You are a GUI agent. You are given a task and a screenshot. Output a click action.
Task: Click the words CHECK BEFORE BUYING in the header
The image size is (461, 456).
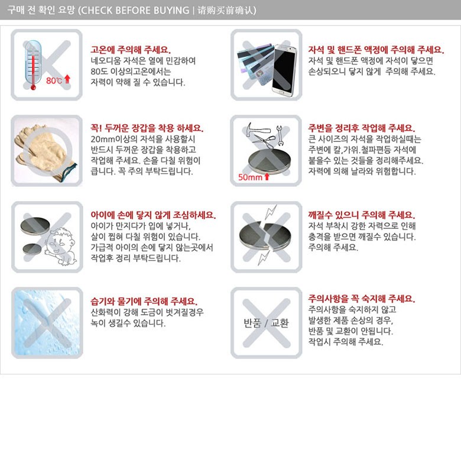pos(135,10)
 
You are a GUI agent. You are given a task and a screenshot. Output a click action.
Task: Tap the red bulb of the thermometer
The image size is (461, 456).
pos(33,87)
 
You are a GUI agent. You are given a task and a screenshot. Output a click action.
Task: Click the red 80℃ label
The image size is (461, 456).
pos(54,80)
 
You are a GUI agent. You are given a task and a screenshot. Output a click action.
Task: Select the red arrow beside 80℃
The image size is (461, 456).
pos(67,79)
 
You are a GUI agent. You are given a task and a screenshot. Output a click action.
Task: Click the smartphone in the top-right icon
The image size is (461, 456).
pos(284,70)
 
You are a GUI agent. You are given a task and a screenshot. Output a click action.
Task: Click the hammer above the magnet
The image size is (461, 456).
pos(257,130)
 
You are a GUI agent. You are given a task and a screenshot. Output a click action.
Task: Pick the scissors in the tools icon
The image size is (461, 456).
pos(263,142)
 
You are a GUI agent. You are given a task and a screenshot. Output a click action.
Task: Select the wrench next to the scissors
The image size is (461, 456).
pos(280,135)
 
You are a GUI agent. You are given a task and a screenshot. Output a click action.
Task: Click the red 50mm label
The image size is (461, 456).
pos(250,177)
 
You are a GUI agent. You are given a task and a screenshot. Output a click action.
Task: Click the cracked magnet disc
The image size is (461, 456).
pos(265,236)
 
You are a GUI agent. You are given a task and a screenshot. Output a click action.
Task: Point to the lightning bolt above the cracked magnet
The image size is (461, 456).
pos(271,212)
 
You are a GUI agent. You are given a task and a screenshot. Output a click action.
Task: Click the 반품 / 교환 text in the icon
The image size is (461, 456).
pos(266,323)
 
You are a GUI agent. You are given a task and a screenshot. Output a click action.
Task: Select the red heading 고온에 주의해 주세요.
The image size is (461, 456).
pos(131,50)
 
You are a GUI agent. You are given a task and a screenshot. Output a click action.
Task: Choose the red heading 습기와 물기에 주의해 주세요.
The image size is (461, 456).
pos(144,301)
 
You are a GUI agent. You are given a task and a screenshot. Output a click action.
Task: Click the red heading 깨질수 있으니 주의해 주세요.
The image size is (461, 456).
pos(362,215)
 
